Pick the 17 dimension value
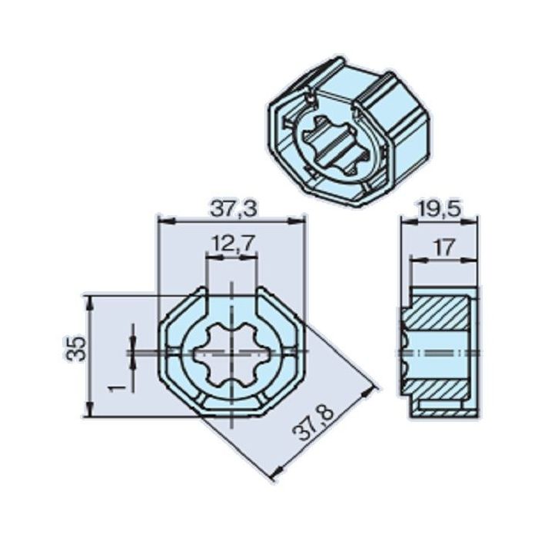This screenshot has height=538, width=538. tap(440, 247)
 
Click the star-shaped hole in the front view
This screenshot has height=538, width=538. tap(231, 353)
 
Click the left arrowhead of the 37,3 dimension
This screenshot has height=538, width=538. tap(161, 221)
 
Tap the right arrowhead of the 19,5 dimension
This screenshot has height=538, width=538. tap(474, 221)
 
